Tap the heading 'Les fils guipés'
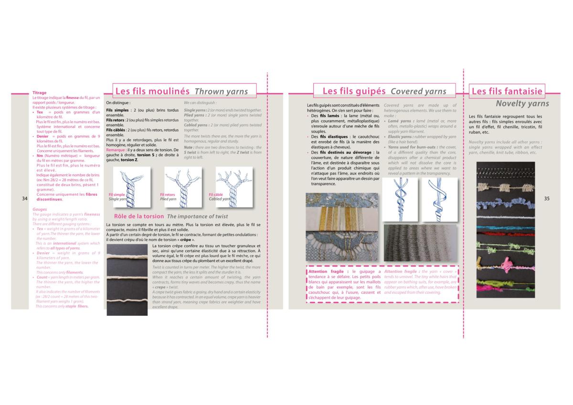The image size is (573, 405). point(354,91)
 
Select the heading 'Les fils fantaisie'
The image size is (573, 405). point(507,91)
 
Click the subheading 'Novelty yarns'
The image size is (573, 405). point(522,103)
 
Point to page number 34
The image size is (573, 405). point(24,198)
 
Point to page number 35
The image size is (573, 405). point(547,198)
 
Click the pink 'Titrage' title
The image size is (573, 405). point(39,93)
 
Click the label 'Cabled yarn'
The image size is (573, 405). point(219,199)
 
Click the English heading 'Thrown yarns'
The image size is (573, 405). point(221,92)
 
